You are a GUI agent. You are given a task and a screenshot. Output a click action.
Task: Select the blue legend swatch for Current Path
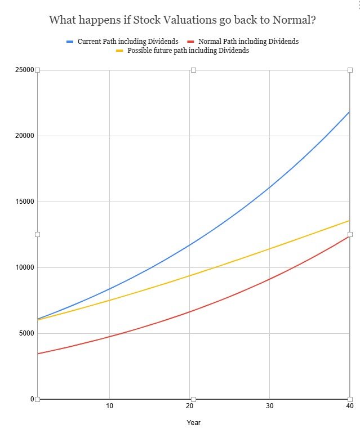(x=70, y=42)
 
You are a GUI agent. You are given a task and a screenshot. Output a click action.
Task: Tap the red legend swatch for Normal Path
(x=191, y=42)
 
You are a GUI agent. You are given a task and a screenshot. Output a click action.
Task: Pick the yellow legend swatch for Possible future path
(x=119, y=51)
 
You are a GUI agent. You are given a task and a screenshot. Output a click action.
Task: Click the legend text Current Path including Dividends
(x=128, y=42)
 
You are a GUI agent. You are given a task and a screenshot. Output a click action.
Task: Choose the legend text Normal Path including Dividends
(x=248, y=42)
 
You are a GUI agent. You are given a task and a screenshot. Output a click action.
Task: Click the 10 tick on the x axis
(x=109, y=406)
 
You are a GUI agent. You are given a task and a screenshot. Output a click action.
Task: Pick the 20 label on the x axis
(x=190, y=406)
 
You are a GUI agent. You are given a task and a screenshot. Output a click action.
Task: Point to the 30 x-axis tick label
(x=270, y=406)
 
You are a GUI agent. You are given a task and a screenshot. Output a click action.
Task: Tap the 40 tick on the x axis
(x=349, y=406)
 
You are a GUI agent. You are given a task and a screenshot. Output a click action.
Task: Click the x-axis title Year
(x=194, y=422)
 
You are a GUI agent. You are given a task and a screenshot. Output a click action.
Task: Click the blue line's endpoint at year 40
(x=349, y=111)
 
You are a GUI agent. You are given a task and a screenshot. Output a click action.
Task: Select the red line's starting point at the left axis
(x=38, y=354)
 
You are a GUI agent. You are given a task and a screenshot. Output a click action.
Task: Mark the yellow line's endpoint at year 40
(x=349, y=220)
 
